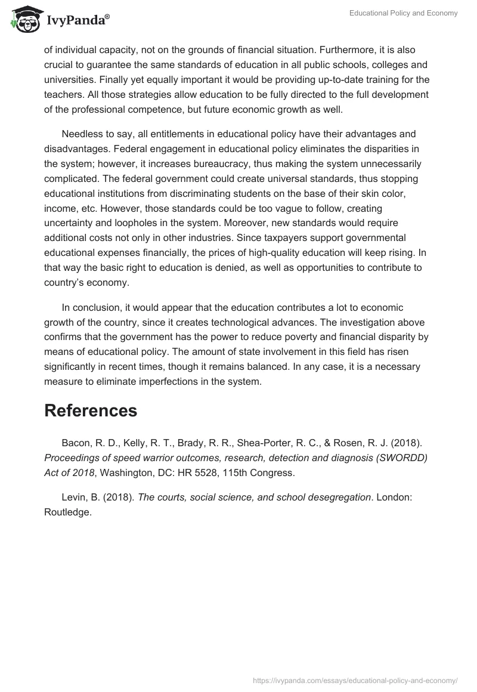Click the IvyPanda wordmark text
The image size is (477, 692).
(77, 20)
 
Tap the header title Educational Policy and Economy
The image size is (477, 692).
(403, 13)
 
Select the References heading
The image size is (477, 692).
(91, 410)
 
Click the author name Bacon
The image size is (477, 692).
(75, 443)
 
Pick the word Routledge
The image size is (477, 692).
(67, 512)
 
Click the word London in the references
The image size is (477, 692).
(392, 498)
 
